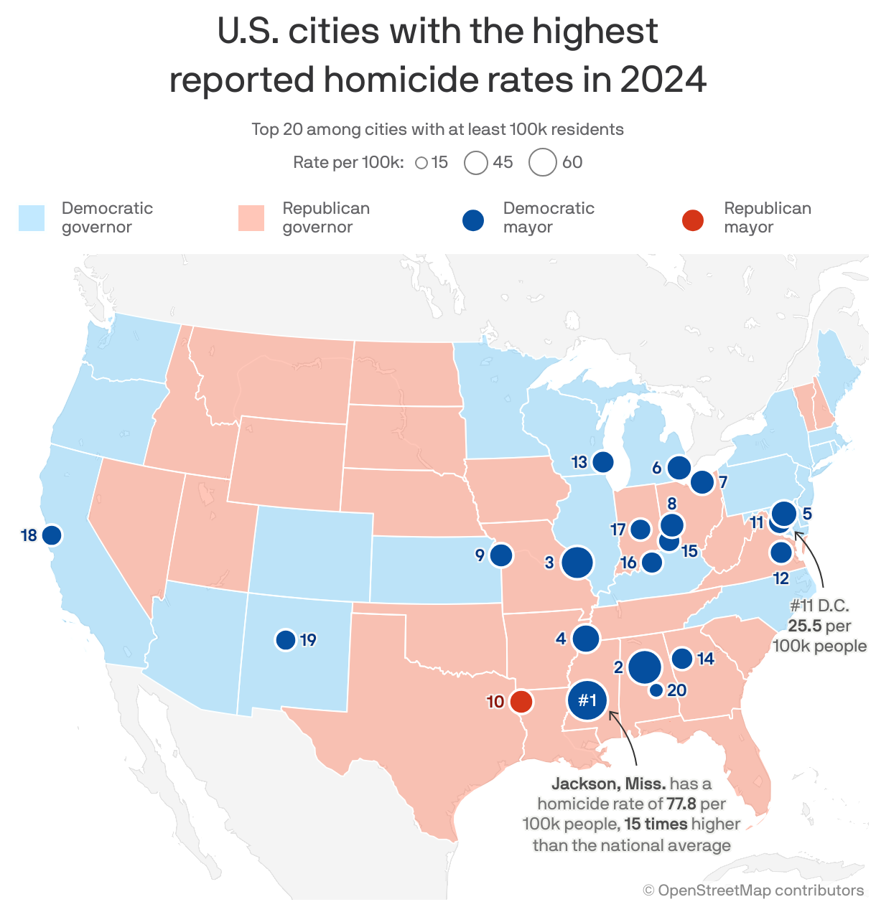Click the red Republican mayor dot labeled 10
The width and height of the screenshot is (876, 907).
521,701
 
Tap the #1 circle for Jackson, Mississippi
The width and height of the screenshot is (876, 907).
587,700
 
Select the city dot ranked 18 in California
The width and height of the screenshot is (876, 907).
51,535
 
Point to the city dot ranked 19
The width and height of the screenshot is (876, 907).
286,639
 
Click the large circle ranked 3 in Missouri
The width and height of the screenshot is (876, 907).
577,563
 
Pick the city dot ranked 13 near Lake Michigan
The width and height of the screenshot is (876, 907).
603,462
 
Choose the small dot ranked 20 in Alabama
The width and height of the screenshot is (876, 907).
656,690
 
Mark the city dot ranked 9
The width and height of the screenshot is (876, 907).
501,555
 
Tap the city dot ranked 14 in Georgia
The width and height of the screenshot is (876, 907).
682,658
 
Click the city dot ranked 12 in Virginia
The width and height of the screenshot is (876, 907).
781,553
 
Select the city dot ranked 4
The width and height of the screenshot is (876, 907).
586,638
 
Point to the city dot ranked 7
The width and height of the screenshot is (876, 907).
702,482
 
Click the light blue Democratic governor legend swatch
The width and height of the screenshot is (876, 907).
32,218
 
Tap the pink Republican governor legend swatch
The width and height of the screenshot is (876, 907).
251,218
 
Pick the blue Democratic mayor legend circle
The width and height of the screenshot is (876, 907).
473,220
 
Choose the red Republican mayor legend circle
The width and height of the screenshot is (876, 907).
693,220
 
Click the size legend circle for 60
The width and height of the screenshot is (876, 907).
543,162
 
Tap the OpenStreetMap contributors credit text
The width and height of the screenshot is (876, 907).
753,890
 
